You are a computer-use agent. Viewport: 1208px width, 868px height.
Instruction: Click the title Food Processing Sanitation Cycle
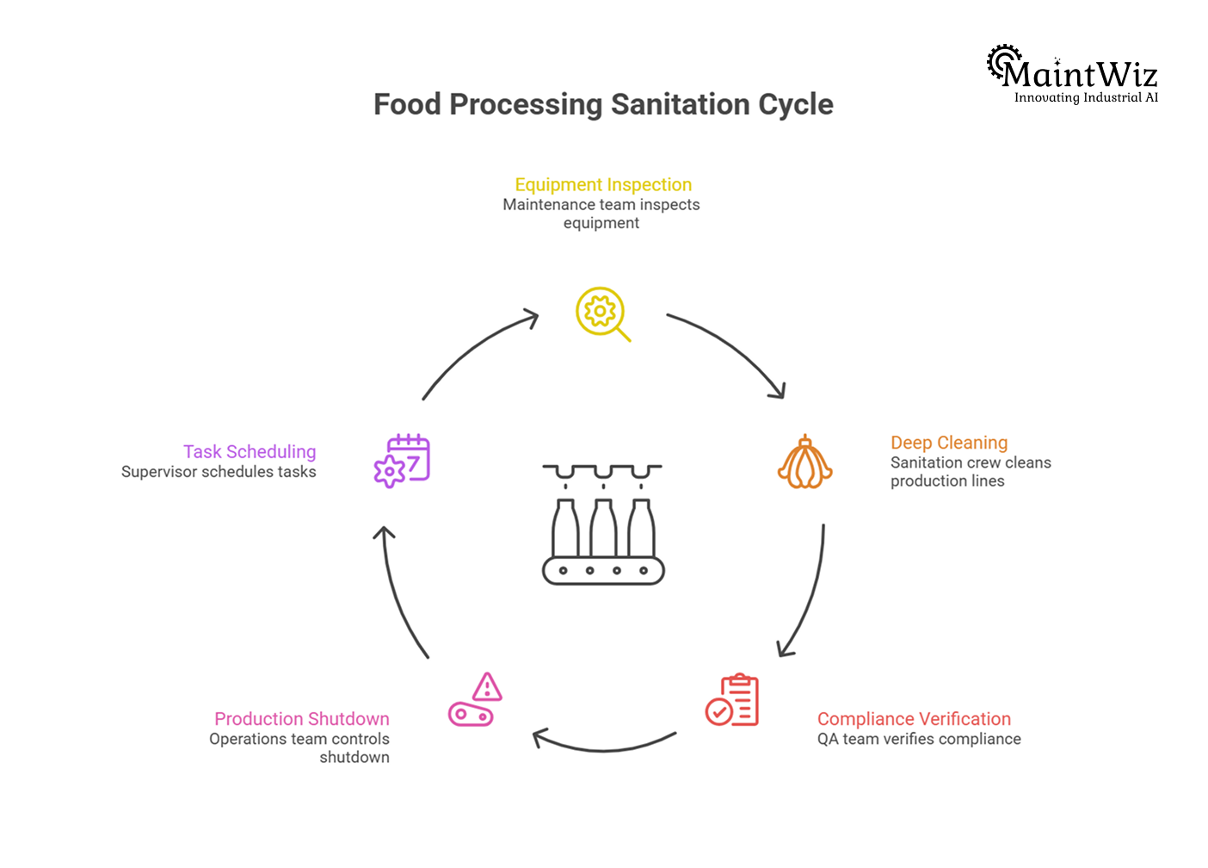pos(603,104)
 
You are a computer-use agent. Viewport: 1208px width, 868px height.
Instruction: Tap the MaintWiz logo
pos(1072,75)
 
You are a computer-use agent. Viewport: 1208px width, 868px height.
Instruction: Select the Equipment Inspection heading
pos(603,184)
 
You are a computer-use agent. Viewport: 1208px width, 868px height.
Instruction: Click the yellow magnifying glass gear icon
pos(601,313)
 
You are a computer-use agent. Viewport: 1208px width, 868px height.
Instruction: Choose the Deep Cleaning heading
pos(949,443)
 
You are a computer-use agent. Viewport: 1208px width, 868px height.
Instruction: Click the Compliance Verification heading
pos(914,719)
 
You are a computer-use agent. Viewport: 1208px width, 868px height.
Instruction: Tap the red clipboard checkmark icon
pos(732,700)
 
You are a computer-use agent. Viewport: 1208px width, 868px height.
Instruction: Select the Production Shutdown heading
pos(302,719)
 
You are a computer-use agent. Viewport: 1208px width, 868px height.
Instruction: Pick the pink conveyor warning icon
pos(475,700)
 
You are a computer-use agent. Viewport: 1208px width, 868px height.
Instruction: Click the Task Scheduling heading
pos(250,452)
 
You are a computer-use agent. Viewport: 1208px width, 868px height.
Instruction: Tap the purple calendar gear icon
pos(402,461)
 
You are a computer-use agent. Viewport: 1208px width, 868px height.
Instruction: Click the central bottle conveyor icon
pos(603,524)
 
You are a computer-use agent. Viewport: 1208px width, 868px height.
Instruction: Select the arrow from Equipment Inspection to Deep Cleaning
pos(734,349)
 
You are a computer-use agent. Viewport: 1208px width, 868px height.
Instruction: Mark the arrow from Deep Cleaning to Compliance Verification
pos(809,594)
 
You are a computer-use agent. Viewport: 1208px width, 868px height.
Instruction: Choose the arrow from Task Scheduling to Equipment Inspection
pos(473,349)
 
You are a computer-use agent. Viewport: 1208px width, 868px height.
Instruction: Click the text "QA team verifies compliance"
pos(919,739)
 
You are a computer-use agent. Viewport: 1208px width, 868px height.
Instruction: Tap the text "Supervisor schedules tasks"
pos(219,472)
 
